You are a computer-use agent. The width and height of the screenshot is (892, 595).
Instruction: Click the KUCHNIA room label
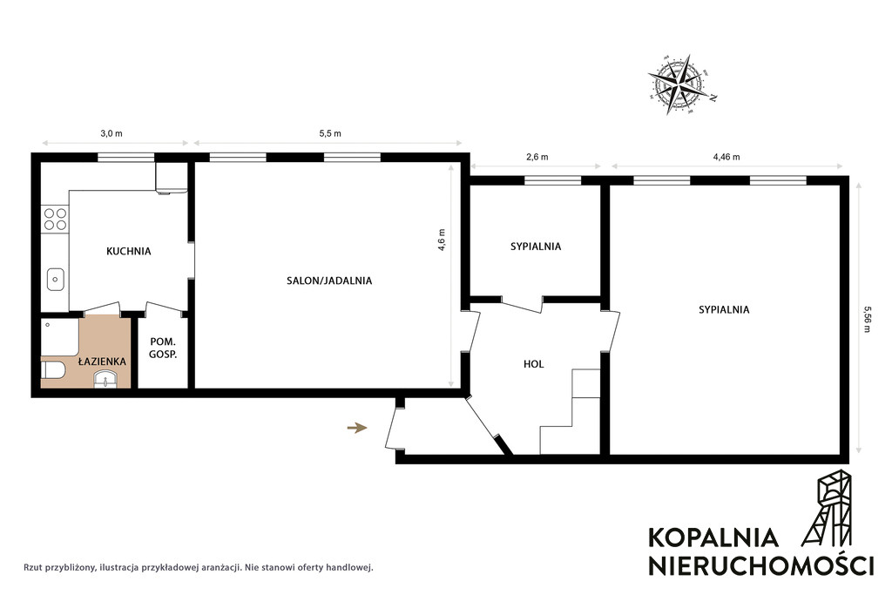tap(129, 251)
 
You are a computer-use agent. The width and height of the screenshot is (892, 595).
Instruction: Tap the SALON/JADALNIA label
tap(329, 281)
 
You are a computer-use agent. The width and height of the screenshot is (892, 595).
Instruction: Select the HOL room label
tap(534, 364)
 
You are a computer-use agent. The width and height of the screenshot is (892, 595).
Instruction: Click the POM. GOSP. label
tap(163, 348)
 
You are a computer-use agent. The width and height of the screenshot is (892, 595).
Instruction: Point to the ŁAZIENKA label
tap(103, 361)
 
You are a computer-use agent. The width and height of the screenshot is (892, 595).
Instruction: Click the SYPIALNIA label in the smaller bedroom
tap(536, 247)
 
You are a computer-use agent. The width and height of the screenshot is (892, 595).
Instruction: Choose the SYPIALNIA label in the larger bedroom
tap(724, 309)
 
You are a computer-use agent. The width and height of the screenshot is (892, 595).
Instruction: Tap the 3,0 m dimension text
tap(111, 133)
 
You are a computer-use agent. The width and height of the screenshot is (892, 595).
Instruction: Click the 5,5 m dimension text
tap(330, 133)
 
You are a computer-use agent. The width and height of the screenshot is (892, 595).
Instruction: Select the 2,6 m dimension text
tap(537, 157)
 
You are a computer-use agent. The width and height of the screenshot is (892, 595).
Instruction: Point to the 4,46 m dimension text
tap(726, 157)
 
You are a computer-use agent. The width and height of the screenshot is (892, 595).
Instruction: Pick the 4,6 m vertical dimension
tap(442, 240)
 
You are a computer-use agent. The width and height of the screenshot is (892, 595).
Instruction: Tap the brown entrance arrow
tap(357, 428)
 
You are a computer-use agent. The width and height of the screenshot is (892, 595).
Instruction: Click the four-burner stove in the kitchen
tap(55, 219)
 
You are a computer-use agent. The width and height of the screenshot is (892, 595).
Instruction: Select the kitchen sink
tap(55, 279)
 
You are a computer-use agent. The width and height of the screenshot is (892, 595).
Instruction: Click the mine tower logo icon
tap(828, 509)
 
